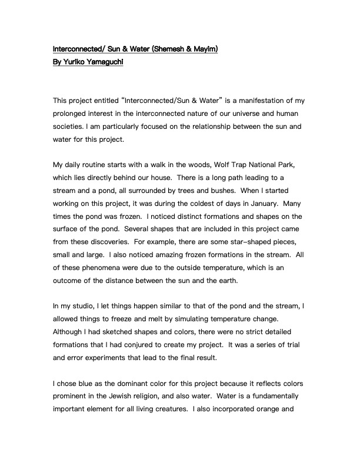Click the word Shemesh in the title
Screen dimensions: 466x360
coord(172,48)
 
